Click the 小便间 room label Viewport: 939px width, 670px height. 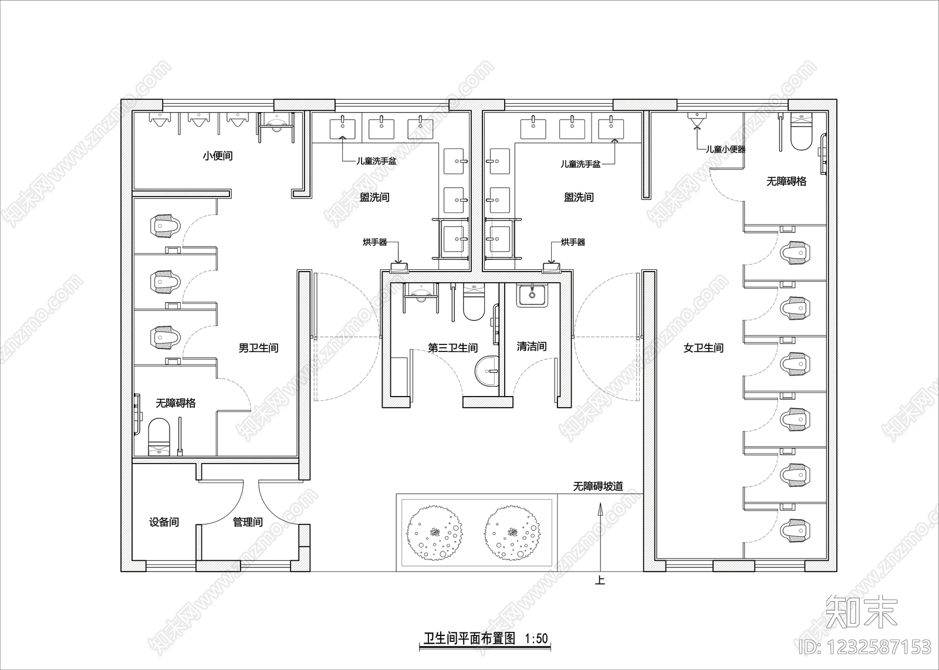tap(218, 156)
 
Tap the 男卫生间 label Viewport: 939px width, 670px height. tap(258, 348)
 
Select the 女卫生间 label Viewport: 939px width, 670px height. tap(704, 348)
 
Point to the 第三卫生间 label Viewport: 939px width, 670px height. tap(452, 348)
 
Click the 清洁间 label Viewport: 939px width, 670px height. tap(532, 347)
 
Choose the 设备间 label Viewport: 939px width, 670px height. tap(164, 522)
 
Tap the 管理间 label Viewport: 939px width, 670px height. tap(248, 522)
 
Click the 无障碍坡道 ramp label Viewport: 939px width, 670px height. tap(598, 486)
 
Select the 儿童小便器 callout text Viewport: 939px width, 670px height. tap(725, 149)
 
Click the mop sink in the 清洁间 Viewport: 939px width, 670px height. tap(532, 296)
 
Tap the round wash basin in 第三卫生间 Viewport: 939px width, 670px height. tap(487, 371)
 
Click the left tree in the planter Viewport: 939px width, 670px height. tap(434, 533)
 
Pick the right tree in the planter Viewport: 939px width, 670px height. tap(512, 533)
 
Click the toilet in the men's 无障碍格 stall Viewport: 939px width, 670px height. tap(159, 436)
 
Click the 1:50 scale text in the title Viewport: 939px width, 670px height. tap(536, 638)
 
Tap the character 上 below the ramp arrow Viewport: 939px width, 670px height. tap(600, 580)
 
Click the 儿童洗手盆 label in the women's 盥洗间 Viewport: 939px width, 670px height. tap(580, 164)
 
